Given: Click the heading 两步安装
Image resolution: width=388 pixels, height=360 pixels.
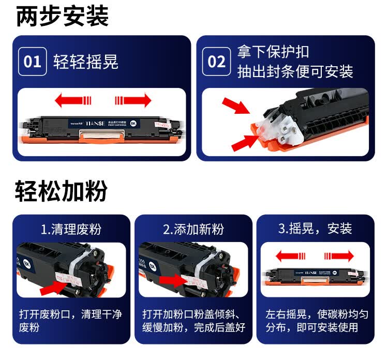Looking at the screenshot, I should click(62, 16).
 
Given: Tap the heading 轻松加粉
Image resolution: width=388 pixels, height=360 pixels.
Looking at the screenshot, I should click(61, 191).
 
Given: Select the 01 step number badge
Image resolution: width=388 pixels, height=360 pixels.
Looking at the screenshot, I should click(33, 62).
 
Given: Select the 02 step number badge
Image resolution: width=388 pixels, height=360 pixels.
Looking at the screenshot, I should click(216, 62).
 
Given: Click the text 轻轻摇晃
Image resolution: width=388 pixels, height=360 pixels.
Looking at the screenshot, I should click(86, 62).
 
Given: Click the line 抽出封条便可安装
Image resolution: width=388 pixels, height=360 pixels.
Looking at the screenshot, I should click(295, 71).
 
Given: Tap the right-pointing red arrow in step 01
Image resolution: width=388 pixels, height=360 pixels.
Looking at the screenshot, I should click(133, 100).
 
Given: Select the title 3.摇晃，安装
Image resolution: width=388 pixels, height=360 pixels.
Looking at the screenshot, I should click(315, 229).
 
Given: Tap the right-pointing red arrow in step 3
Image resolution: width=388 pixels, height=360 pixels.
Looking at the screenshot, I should click(338, 256).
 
